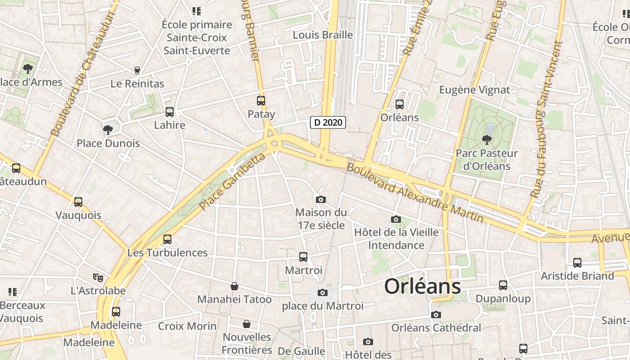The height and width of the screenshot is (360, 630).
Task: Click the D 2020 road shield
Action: pyautogui.click(x=328, y=122)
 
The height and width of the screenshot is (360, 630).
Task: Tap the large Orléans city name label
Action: pyautogui.click(x=423, y=287)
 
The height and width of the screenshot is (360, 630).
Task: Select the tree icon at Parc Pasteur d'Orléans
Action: pyautogui.click(x=486, y=139)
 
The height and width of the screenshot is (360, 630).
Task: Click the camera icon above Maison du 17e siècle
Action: pyautogui.click(x=320, y=199)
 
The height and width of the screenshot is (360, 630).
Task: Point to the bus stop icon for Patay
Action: pyautogui.click(x=261, y=101)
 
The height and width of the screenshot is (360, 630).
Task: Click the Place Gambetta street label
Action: pyautogui.click(x=233, y=182)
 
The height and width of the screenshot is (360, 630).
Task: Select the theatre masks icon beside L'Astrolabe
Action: pyautogui.click(x=98, y=277)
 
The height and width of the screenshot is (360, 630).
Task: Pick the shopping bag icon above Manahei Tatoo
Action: pyautogui.click(x=234, y=286)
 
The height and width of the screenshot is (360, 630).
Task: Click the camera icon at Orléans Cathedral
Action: pyautogui.click(x=436, y=315)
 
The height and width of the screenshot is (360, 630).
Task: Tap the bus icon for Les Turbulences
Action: pyautogui.click(x=167, y=239)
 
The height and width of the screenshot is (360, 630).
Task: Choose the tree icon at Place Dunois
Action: pyautogui.click(x=108, y=130)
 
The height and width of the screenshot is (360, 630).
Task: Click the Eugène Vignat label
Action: pyautogui.click(x=475, y=90)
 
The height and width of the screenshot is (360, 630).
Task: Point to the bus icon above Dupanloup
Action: pyautogui.click(x=503, y=285)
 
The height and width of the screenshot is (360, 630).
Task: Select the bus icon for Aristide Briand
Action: pyautogui.click(x=577, y=262)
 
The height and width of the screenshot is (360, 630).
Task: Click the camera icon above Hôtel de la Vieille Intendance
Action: pyautogui.click(x=396, y=219)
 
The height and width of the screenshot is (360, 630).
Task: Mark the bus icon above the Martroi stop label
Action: pyautogui.click(x=303, y=257)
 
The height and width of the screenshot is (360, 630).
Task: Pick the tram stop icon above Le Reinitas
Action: pyautogui.click(x=137, y=70)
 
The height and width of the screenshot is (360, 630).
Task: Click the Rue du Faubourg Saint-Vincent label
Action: pyautogui.click(x=546, y=119)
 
